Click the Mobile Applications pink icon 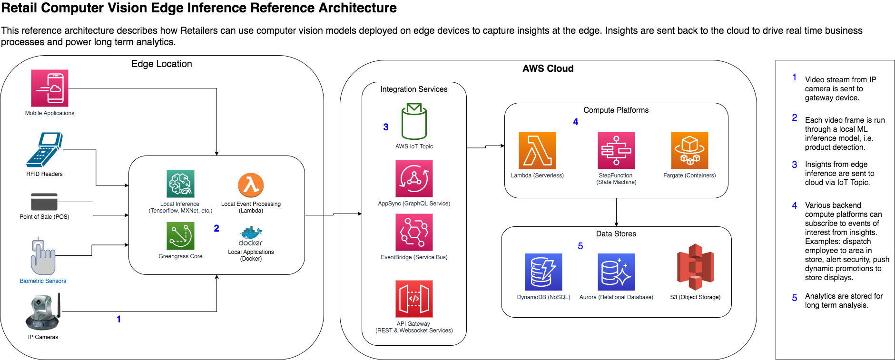pyautogui.click(x=49, y=88)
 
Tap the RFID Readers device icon pyautogui.click(x=44, y=149)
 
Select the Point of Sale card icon pyautogui.click(x=44, y=202)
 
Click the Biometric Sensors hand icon pyautogui.click(x=43, y=257)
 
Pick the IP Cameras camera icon pyautogui.click(x=43, y=312)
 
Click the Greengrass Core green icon pyautogui.click(x=180, y=236)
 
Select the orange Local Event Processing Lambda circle pyautogui.click(x=251, y=185)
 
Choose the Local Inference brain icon pyautogui.click(x=180, y=184)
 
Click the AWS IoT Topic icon pyautogui.click(x=414, y=122)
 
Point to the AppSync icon pyautogui.click(x=414, y=178)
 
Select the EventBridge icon pyautogui.click(x=414, y=232)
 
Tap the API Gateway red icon pyautogui.click(x=414, y=299)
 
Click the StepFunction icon pyautogui.click(x=616, y=150)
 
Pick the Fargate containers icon pyautogui.click(x=689, y=150)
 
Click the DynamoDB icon pyautogui.click(x=543, y=272)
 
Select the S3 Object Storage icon pyautogui.click(x=695, y=267)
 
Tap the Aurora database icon pyautogui.click(x=616, y=272)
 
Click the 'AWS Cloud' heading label pyautogui.click(x=548, y=68)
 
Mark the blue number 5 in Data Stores pyautogui.click(x=580, y=246)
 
